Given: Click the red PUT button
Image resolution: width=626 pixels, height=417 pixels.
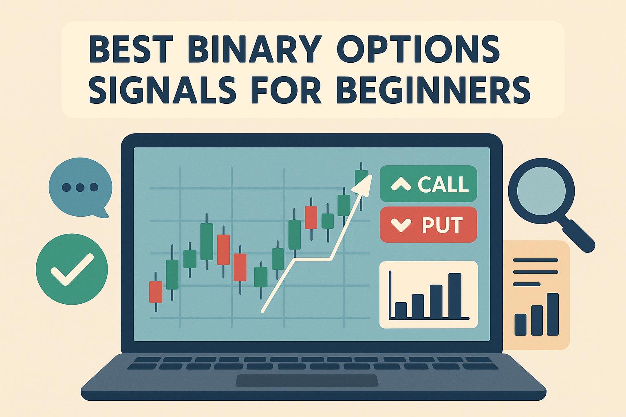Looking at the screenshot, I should click(x=428, y=225).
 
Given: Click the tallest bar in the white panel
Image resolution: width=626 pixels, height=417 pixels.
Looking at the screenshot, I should click(x=455, y=295).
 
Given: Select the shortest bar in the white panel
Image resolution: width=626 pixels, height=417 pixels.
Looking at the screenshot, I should click(x=401, y=310).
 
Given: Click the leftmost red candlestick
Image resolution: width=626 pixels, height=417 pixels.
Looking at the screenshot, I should click(x=156, y=292).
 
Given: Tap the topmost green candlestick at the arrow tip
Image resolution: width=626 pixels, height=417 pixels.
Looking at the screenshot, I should click(x=361, y=178).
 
